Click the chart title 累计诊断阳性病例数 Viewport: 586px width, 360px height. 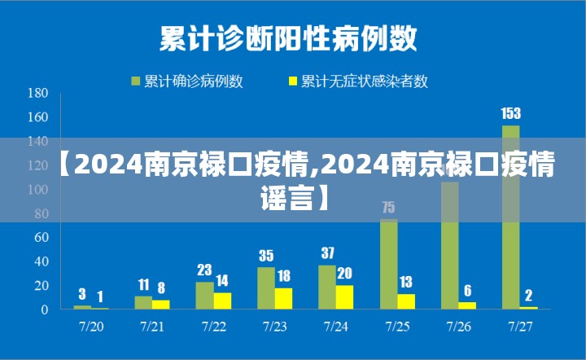(x=288, y=37)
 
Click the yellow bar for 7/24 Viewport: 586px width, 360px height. (x=344, y=297)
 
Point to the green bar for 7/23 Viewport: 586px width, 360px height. (x=266, y=288)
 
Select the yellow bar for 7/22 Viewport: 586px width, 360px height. (x=222, y=301)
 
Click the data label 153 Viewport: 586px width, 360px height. (x=510, y=114)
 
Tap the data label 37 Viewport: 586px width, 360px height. (x=327, y=253)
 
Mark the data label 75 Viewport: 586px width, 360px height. (x=388, y=208)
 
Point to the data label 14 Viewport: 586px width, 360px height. (x=222, y=281)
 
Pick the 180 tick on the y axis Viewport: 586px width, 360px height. (x=38, y=94)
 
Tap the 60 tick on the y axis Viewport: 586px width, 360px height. (x=42, y=238)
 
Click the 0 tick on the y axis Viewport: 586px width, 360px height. (x=45, y=310)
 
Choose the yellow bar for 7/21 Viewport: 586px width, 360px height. (x=161, y=305)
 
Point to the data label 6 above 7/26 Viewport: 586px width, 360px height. (x=467, y=291)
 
